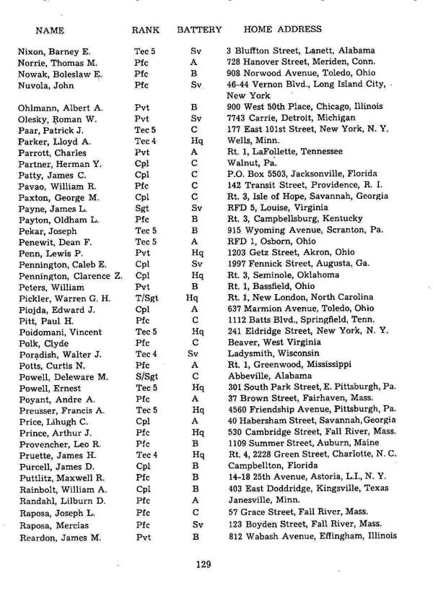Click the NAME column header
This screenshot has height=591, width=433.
click(x=49, y=30)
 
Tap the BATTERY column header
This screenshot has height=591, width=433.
click(x=198, y=30)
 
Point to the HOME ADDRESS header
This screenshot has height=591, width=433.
click(x=283, y=30)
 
